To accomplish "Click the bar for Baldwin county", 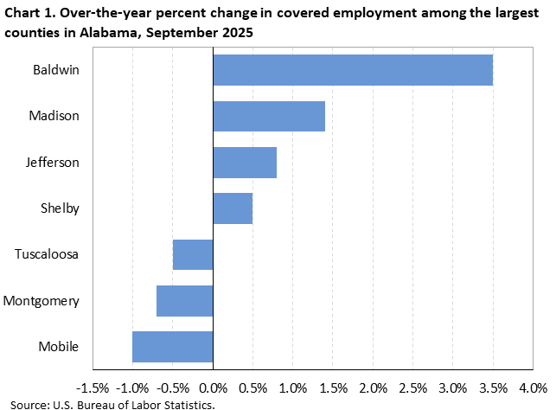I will point(353,70).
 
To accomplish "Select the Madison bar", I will point(269,116).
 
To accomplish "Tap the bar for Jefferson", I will point(245,163).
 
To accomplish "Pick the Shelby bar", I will point(233,208).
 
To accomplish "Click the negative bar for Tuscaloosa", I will point(193,254).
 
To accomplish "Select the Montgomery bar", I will point(185,301).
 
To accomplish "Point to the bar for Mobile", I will point(173,347).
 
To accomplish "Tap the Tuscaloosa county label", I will point(48,254).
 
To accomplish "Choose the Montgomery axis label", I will point(42,301).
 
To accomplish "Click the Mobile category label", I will point(59,347).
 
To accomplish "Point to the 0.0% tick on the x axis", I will point(213,385).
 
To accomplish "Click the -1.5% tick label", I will point(93,385).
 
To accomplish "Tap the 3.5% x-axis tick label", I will point(493,385).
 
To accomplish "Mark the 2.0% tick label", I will point(373,385).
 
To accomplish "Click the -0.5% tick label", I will point(172,385).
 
